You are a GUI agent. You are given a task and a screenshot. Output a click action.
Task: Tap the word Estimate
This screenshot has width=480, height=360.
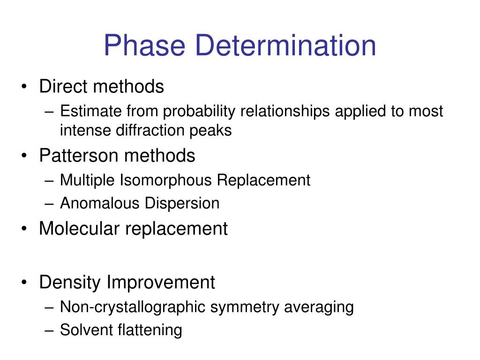[x=91, y=111]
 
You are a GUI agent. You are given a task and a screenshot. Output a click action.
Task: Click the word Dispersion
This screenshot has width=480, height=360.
[x=182, y=203]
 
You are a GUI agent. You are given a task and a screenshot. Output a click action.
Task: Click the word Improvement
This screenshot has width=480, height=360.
[x=161, y=283]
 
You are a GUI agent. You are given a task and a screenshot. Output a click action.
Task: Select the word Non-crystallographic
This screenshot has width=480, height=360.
[x=133, y=307]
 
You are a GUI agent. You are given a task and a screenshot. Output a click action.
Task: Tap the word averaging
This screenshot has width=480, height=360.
[x=319, y=307]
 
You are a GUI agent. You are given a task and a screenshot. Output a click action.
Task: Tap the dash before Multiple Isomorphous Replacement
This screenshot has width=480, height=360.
[x=51, y=180]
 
